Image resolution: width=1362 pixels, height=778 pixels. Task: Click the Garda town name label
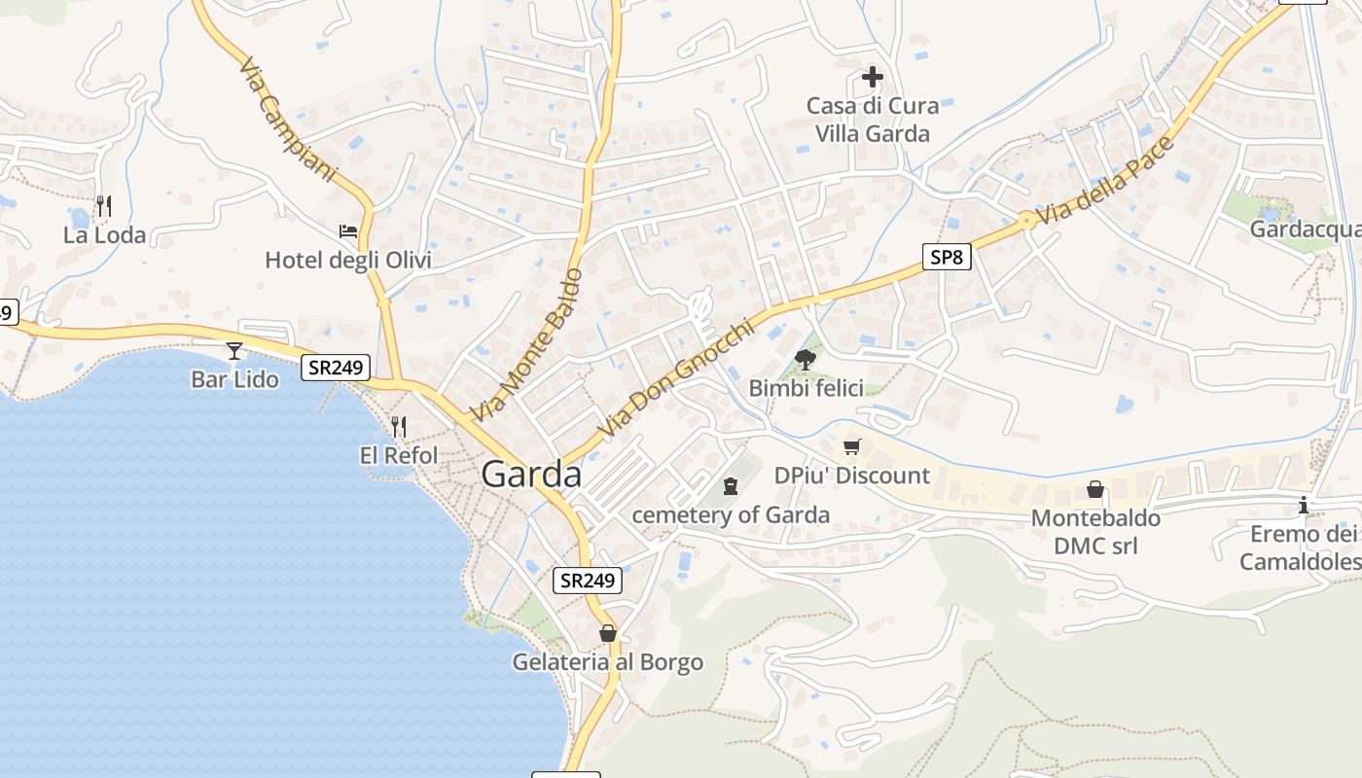pos(532,475)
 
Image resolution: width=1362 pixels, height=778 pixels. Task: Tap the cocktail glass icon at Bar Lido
pos(234,351)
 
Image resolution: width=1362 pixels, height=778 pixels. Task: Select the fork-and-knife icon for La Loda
pos(104,206)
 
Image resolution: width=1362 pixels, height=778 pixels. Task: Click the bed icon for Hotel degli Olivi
pos(348,231)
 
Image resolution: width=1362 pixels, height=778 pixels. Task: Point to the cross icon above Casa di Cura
pos(873,76)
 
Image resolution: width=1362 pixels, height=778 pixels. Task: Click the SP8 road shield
pos(947,257)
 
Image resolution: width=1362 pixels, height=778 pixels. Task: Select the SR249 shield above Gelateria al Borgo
pos(589,581)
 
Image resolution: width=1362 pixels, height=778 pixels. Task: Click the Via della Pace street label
pos(1105,183)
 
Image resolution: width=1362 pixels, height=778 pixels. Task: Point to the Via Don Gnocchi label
pos(676,379)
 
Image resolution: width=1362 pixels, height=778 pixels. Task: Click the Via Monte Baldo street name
pos(526,344)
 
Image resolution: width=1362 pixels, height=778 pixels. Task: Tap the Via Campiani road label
pos(287,120)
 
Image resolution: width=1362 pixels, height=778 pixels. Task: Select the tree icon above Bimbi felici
pos(805,360)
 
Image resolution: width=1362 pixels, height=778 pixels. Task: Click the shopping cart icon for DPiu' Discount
pos(852,447)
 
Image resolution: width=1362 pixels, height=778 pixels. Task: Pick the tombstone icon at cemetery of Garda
pos(731,486)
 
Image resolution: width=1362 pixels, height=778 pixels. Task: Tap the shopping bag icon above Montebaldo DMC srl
pos(1095,489)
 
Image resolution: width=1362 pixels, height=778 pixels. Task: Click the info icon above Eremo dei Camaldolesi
pos(1304,506)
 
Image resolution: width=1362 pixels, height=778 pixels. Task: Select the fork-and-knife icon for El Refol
pos(398,427)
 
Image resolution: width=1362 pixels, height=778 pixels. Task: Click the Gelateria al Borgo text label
pos(608,662)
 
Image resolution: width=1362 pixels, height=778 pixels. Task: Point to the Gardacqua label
pos(1304,230)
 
